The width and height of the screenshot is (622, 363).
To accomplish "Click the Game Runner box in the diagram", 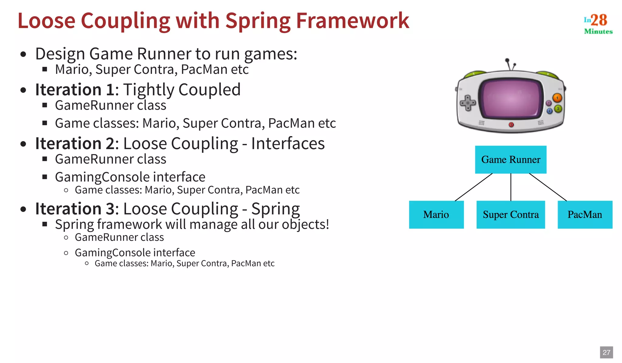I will [511, 159].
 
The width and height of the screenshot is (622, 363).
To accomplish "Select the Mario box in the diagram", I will [436, 214].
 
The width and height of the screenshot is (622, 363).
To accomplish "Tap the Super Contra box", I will [511, 214].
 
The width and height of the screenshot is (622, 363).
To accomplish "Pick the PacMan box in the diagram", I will [585, 214].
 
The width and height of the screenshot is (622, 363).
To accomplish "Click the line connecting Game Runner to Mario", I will [474, 187].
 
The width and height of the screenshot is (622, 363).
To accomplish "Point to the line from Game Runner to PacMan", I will [548, 187].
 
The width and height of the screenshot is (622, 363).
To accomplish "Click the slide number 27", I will [606, 352].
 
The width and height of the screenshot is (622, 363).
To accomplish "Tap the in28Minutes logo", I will [598, 24].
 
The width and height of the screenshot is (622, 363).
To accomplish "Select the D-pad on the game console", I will [468, 103].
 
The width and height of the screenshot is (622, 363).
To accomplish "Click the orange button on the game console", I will [557, 98].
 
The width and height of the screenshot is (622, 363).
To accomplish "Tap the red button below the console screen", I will [511, 125].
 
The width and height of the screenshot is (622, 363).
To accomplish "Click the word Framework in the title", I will [352, 21].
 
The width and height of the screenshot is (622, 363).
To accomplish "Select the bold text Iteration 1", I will [75, 90].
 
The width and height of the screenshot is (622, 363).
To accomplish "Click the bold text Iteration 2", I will [75, 143].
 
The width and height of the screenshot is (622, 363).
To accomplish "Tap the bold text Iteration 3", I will [75, 209].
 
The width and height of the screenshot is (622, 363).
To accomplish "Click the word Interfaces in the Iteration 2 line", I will [288, 143].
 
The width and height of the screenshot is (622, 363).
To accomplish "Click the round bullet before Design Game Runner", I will [23, 55].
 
